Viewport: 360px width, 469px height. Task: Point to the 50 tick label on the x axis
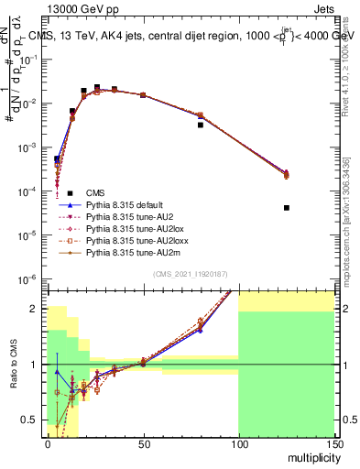tap(143, 442)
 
